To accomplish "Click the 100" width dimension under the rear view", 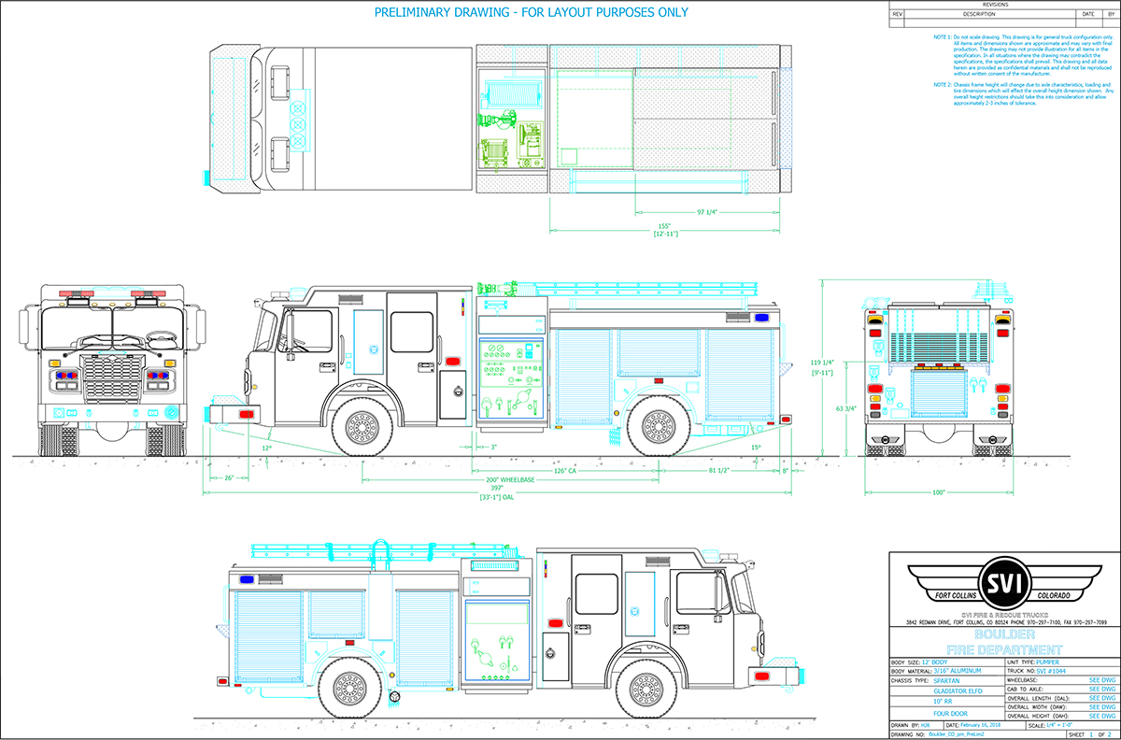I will (937, 491).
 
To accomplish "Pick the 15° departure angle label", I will (756, 448).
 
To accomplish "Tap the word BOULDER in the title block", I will (1004, 634).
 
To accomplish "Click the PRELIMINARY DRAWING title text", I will (532, 12).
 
